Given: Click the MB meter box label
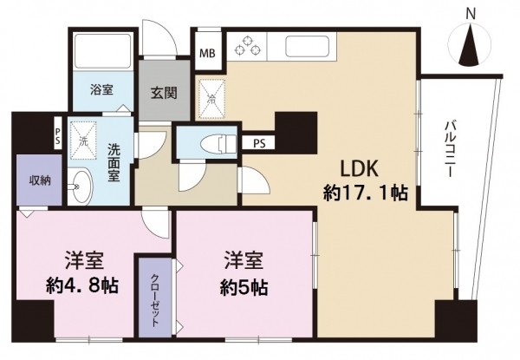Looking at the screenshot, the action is pos(208,53).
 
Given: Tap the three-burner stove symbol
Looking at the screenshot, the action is pos(247,46).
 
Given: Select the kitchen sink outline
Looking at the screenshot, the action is pos(307,45).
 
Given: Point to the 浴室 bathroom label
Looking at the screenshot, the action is pos(101,90).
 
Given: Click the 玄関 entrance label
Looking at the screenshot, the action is pos(164,93).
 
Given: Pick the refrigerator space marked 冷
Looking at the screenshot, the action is pos(211,98).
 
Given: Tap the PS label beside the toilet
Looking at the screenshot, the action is pos(259,144).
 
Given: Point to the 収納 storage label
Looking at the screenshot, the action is pos(40,180).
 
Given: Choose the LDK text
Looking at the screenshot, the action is pos(360,169).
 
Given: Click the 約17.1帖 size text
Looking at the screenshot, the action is pos(366,193).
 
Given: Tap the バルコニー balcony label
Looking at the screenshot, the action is pos(450,149).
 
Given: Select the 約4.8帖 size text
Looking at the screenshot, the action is pos(82,285).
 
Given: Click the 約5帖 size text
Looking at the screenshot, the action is pos(244,287).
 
